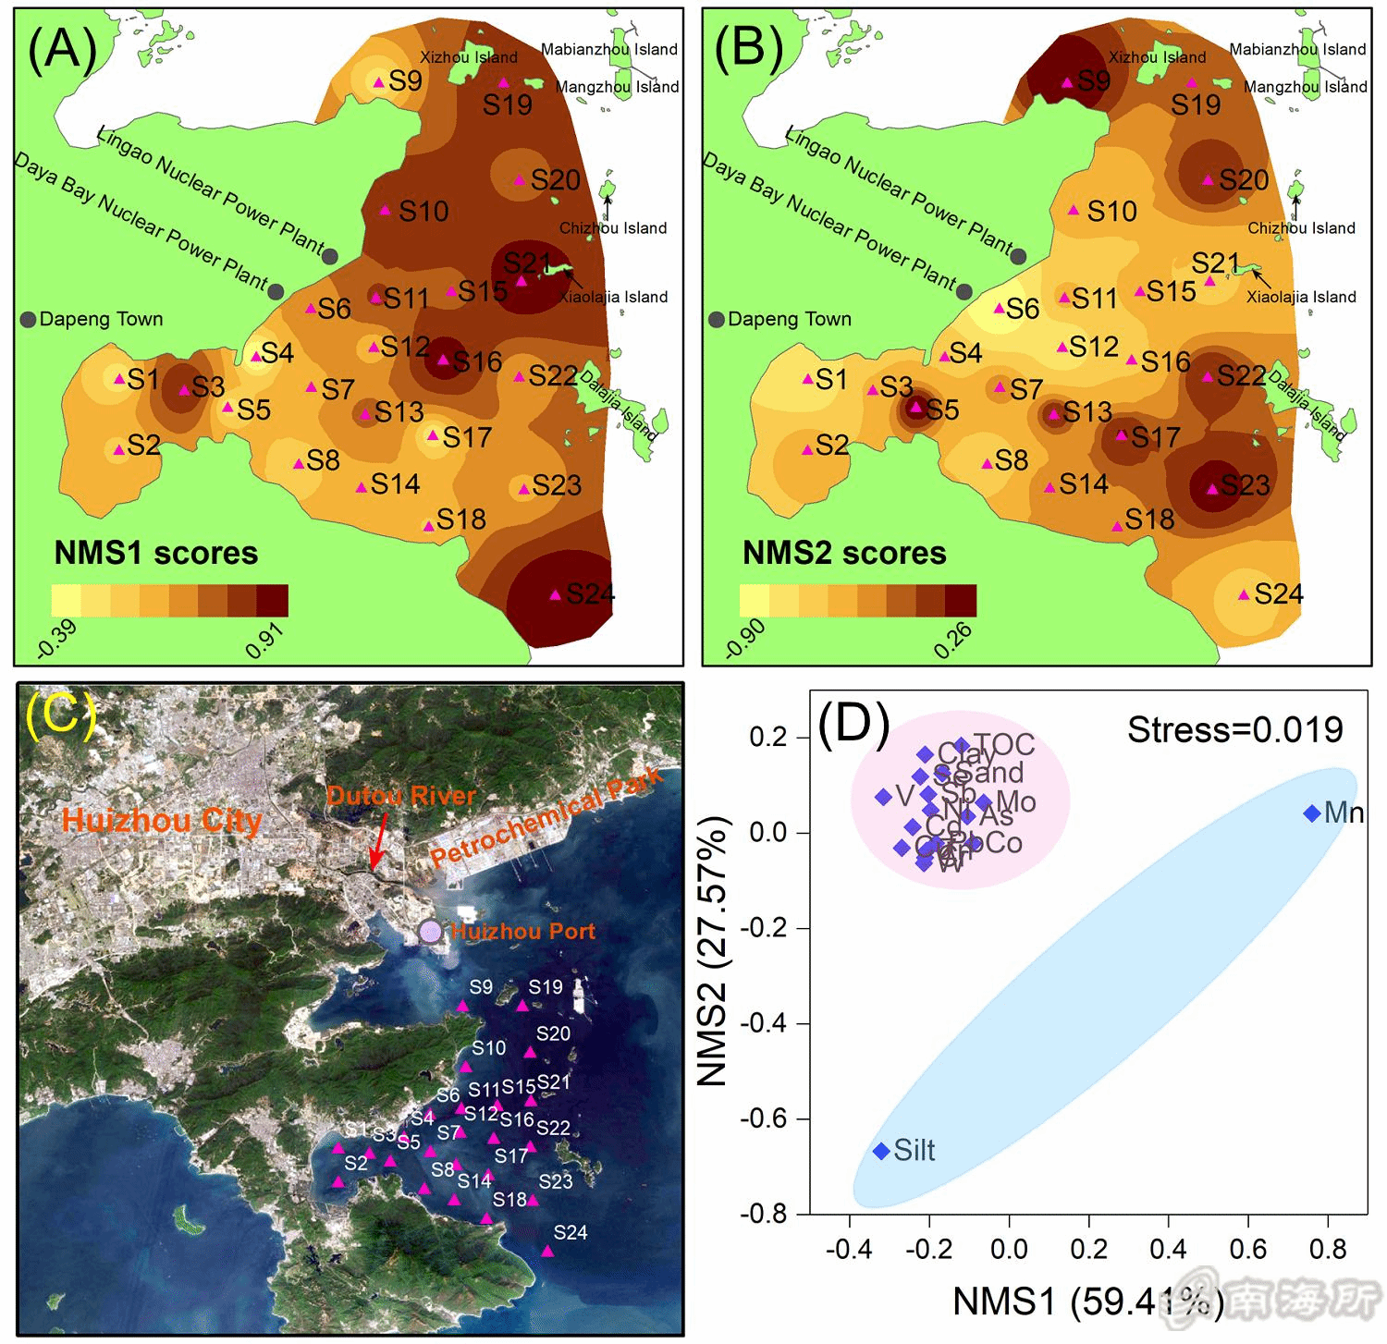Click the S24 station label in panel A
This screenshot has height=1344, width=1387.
(590, 593)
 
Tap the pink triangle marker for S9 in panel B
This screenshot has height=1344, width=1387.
(1067, 83)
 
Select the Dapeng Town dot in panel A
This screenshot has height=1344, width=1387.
(28, 320)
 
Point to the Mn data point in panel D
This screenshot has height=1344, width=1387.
(1311, 813)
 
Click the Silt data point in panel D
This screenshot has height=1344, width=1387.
(881, 1151)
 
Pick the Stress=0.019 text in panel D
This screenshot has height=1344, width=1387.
(1234, 730)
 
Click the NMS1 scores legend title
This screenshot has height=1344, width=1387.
(156, 553)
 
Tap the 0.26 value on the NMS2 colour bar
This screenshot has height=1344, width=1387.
(952, 641)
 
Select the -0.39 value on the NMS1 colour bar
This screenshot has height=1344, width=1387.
(57, 641)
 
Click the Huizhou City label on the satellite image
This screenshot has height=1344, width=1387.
(162, 821)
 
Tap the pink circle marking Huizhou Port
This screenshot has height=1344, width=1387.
(430, 931)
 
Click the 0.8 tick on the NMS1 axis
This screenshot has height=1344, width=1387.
(1328, 1250)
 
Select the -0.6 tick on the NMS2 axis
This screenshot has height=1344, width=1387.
(764, 1119)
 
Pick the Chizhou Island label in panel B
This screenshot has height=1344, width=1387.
(1301, 228)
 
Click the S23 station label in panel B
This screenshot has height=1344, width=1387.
(1245, 485)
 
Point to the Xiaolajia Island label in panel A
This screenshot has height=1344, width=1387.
(613, 297)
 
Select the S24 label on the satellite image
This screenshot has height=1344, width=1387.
(571, 1232)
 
